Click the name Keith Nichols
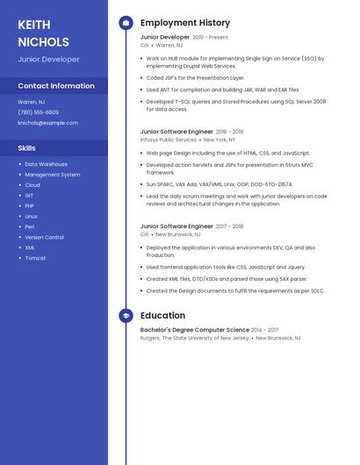click(x=43, y=32)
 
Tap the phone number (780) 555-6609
click(x=39, y=112)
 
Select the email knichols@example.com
click(x=48, y=123)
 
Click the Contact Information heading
click(x=56, y=86)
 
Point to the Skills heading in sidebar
click(x=26, y=148)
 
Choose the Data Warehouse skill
click(x=46, y=164)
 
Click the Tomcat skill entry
click(x=35, y=258)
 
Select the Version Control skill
click(x=44, y=237)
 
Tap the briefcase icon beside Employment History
click(x=126, y=23)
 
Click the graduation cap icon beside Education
click(x=126, y=316)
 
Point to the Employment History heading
click(x=185, y=23)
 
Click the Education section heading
click(x=162, y=316)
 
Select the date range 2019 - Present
click(x=210, y=38)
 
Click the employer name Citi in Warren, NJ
click(x=145, y=45)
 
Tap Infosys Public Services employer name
click(x=169, y=139)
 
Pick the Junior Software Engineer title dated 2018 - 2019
click(x=176, y=132)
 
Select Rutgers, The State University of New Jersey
click(x=194, y=338)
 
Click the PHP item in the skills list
click(x=29, y=205)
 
